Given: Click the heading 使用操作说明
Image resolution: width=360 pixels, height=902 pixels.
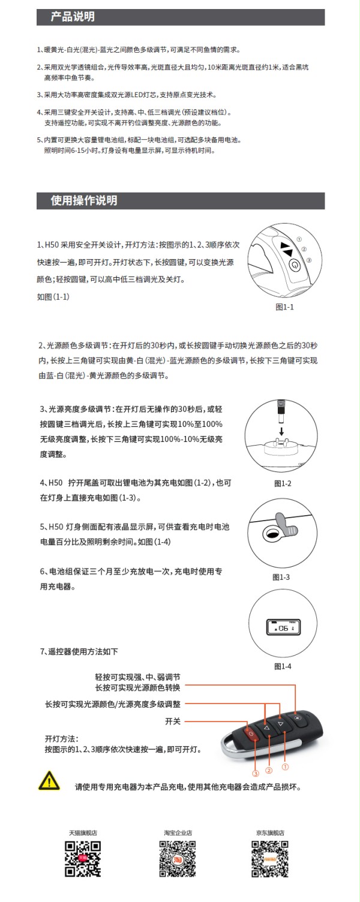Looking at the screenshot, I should click(84, 200).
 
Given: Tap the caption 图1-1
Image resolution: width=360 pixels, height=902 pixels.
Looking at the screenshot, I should click(284, 307).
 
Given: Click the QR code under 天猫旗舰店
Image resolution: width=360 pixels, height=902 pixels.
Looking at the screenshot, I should click(83, 859).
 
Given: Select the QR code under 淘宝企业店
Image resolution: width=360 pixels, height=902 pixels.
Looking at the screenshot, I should click(178, 859).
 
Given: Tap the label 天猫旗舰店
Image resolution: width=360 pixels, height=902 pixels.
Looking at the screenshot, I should click(83, 833).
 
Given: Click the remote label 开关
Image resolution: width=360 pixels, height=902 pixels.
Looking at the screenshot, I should click(173, 721).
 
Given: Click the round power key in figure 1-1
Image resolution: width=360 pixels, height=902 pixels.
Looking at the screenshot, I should click(294, 264).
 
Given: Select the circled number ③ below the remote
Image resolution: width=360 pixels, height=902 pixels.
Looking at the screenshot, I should click(255, 774).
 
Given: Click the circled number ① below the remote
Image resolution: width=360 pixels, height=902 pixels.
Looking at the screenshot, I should click(286, 766).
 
